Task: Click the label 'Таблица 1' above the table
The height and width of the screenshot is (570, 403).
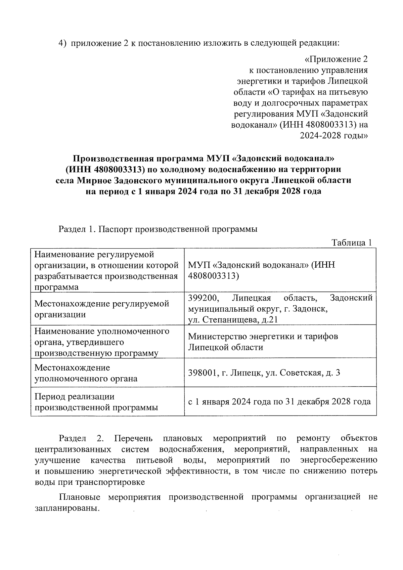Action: click(351, 243)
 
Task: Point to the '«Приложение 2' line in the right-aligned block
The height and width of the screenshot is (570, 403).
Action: click(336, 59)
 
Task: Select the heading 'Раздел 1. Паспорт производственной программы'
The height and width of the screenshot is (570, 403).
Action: click(158, 229)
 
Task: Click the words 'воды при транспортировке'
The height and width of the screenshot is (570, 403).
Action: click(90, 482)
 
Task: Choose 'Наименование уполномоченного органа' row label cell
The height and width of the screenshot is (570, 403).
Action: click(102, 342)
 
